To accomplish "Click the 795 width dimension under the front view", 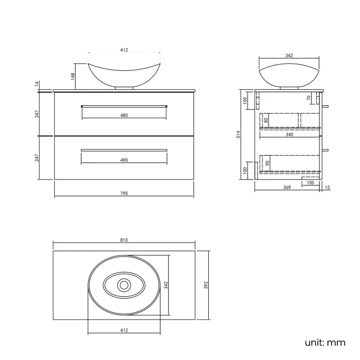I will tap(124, 193).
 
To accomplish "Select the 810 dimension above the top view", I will tap(124, 240).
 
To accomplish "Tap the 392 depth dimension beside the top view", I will tap(205, 285).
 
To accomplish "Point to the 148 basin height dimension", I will tap(73, 75).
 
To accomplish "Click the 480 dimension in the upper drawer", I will tap(124, 115).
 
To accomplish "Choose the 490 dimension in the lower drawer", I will tap(124, 160).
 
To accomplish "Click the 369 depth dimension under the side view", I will tap(287, 188).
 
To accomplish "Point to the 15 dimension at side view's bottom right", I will tap(327, 188).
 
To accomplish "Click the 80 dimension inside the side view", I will tap(266, 120).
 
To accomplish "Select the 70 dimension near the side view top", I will tap(308, 98).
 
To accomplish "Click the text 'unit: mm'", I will tap(325, 342).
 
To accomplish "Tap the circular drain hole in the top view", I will tap(124, 285).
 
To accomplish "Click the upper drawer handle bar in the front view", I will tap(124, 105).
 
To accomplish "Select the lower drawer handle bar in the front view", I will tap(124, 150).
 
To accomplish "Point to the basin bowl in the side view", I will tap(289, 75).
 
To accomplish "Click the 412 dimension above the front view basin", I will tap(124, 50).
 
